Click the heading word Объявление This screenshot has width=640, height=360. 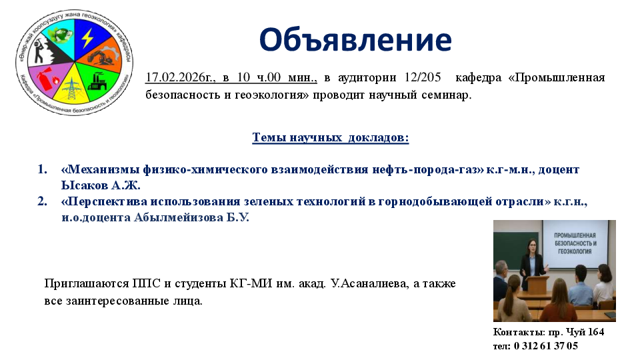tap(355, 40)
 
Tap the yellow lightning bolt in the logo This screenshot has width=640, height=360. tap(87, 38)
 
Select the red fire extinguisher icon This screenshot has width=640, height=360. tap(46, 80)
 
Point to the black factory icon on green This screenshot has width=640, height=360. tap(97, 81)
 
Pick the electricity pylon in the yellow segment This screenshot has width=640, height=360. tap(72, 89)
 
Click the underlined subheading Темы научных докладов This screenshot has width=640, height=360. tap(330, 137)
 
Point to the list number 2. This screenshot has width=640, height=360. tap(43, 201)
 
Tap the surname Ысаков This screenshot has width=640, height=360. tap(85, 185)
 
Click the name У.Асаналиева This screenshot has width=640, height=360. tap(369, 283)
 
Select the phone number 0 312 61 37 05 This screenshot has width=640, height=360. tap(546, 346)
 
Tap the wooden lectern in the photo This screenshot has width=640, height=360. tap(538, 284)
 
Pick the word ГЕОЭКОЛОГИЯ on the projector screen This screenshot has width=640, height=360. tap(575, 251)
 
